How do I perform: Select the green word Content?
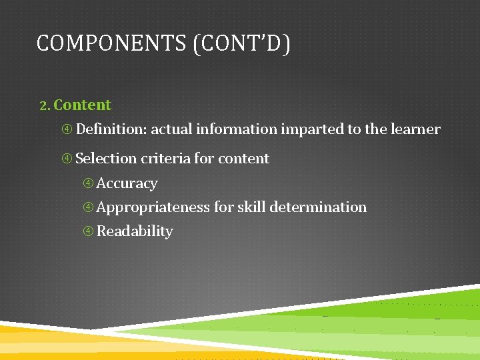click(83, 105)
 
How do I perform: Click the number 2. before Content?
click(45, 105)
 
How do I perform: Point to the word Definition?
click(111, 129)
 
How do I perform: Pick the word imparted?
click(312, 129)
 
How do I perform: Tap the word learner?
click(415, 129)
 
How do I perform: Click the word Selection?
click(107, 159)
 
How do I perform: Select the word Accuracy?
click(127, 183)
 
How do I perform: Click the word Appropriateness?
click(153, 207)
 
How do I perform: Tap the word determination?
click(319, 207)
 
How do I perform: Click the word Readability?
click(135, 231)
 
